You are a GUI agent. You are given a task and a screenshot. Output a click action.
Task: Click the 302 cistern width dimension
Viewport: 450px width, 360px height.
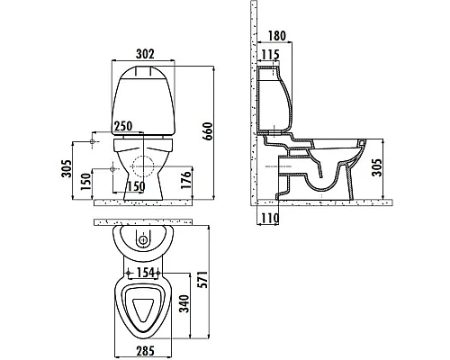(x=145, y=54)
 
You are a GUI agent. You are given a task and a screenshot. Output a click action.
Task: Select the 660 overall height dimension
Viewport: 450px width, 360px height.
(x=208, y=131)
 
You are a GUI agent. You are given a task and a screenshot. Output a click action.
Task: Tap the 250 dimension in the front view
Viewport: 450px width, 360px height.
(x=122, y=126)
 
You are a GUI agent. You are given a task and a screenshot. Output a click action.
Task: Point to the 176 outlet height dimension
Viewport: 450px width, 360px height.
(x=185, y=180)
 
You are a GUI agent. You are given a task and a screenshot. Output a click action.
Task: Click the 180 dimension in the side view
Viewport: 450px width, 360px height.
(x=276, y=36)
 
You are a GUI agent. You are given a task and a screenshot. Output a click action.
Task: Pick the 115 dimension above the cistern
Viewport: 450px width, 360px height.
(x=270, y=55)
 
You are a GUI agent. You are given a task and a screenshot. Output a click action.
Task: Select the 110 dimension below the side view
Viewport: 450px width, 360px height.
(x=269, y=218)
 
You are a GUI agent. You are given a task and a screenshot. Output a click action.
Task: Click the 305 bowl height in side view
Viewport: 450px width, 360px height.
(x=377, y=166)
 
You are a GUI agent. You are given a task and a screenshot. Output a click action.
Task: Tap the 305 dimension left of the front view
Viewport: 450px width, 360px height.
(x=67, y=168)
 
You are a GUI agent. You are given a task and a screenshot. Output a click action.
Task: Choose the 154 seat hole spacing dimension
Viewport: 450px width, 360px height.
(x=146, y=273)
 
